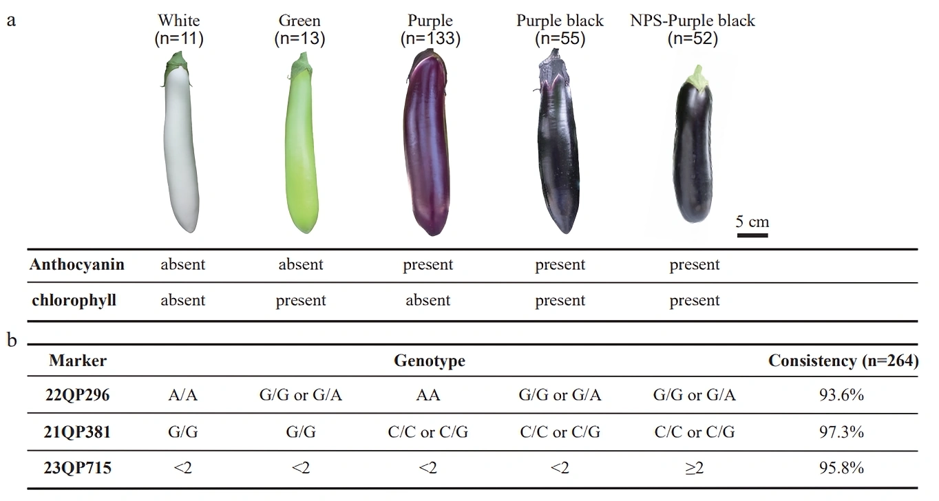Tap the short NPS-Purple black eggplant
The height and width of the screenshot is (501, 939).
696,155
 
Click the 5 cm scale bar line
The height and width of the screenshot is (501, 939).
752,235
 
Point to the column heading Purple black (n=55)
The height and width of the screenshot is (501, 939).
560,30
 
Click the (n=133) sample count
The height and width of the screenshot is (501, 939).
430,39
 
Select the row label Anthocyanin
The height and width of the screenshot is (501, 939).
77,265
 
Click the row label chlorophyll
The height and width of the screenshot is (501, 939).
73,301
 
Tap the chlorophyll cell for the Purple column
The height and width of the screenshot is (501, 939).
428,301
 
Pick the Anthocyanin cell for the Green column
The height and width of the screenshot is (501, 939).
301,265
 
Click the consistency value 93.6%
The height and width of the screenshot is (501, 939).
843,396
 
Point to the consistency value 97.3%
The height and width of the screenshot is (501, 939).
843,432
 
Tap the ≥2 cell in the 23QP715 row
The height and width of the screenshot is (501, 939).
695,469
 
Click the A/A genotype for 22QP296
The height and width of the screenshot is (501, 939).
182,396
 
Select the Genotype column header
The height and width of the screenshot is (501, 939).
429,361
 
